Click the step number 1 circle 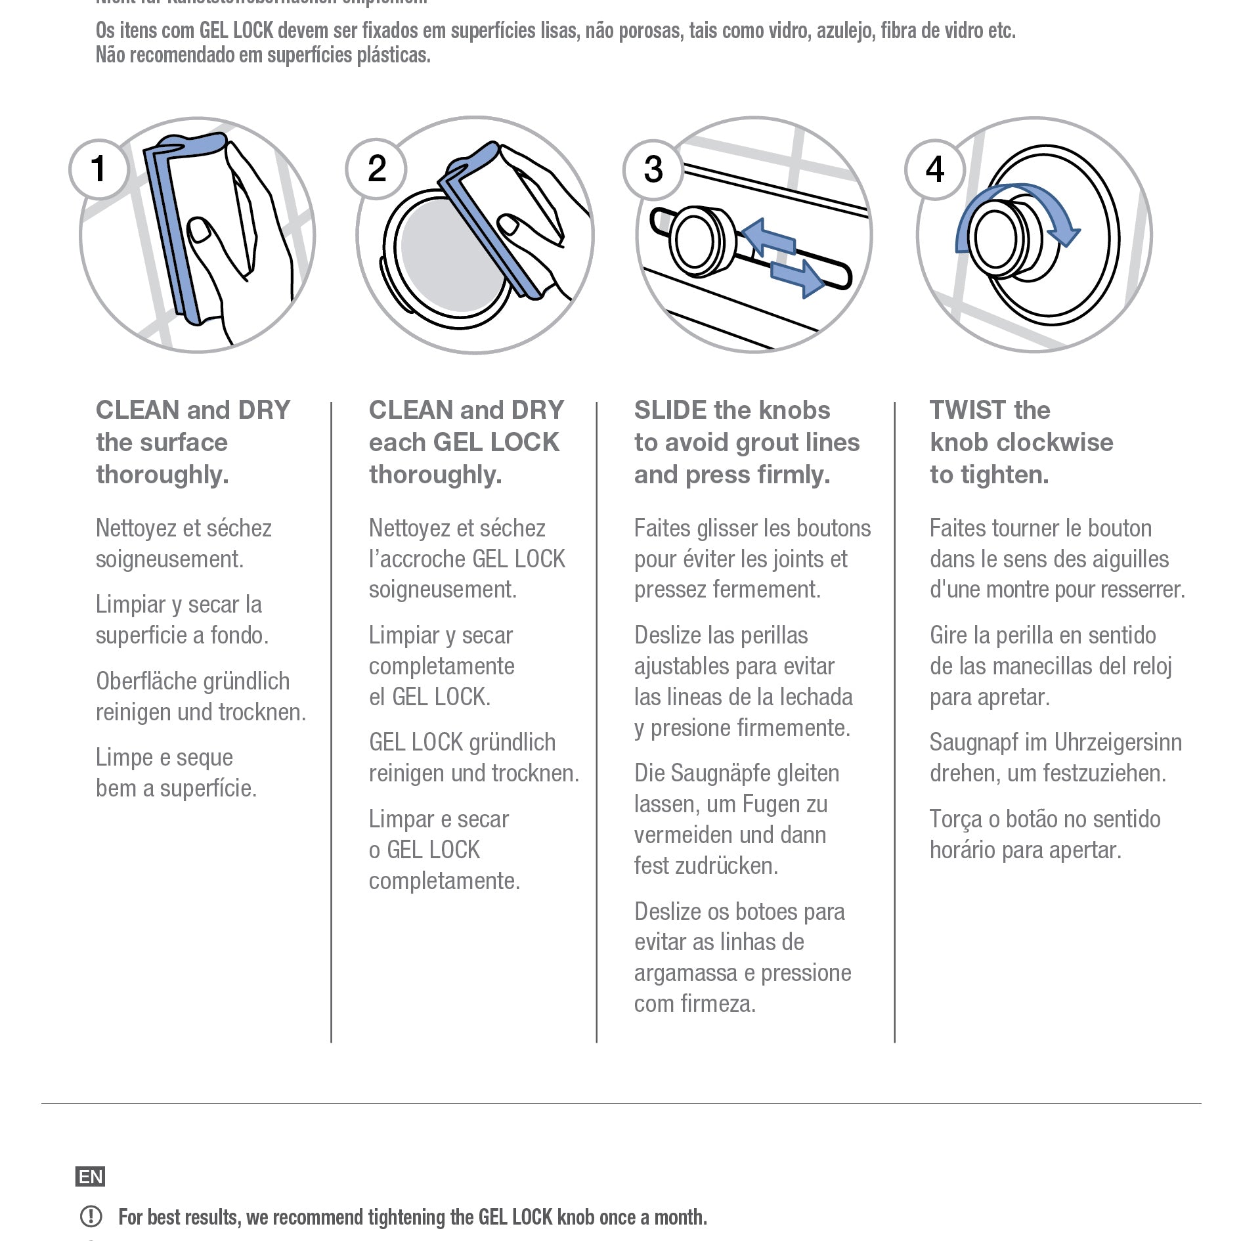(98, 169)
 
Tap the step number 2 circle (376, 169)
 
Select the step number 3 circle (653, 169)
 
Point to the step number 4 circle (934, 169)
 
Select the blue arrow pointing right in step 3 (798, 276)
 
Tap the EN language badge (91, 1177)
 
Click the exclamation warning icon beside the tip (91, 1217)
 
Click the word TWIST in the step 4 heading (967, 410)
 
